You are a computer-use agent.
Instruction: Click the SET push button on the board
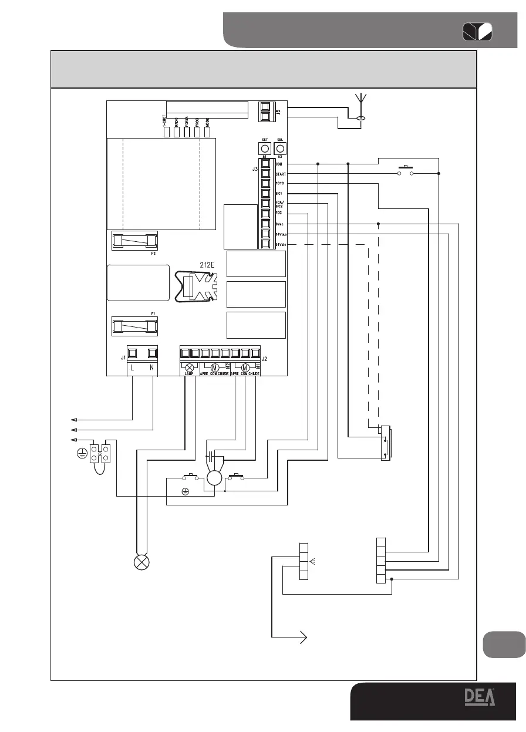click(265, 149)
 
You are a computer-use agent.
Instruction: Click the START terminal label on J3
click(280, 174)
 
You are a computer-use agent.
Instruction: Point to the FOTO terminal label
click(279, 184)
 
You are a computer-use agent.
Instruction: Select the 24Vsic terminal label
click(281, 244)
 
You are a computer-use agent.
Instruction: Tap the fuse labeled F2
click(134, 240)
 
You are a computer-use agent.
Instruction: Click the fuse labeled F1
click(134, 326)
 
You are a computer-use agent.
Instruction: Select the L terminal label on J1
click(133, 367)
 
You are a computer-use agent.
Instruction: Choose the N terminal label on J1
click(153, 367)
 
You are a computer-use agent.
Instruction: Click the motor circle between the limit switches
click(214, 478)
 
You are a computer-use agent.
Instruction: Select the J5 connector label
click(278, 109)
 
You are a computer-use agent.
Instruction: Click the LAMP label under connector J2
click(189, 373)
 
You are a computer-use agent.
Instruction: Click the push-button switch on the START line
click(405, 171)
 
